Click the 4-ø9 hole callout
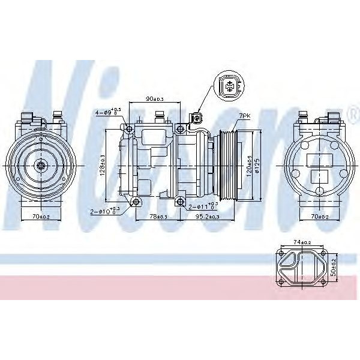point(107,112)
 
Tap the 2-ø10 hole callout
point(106,211)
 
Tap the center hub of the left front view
point(40,166)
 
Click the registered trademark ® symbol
point(353,112)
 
